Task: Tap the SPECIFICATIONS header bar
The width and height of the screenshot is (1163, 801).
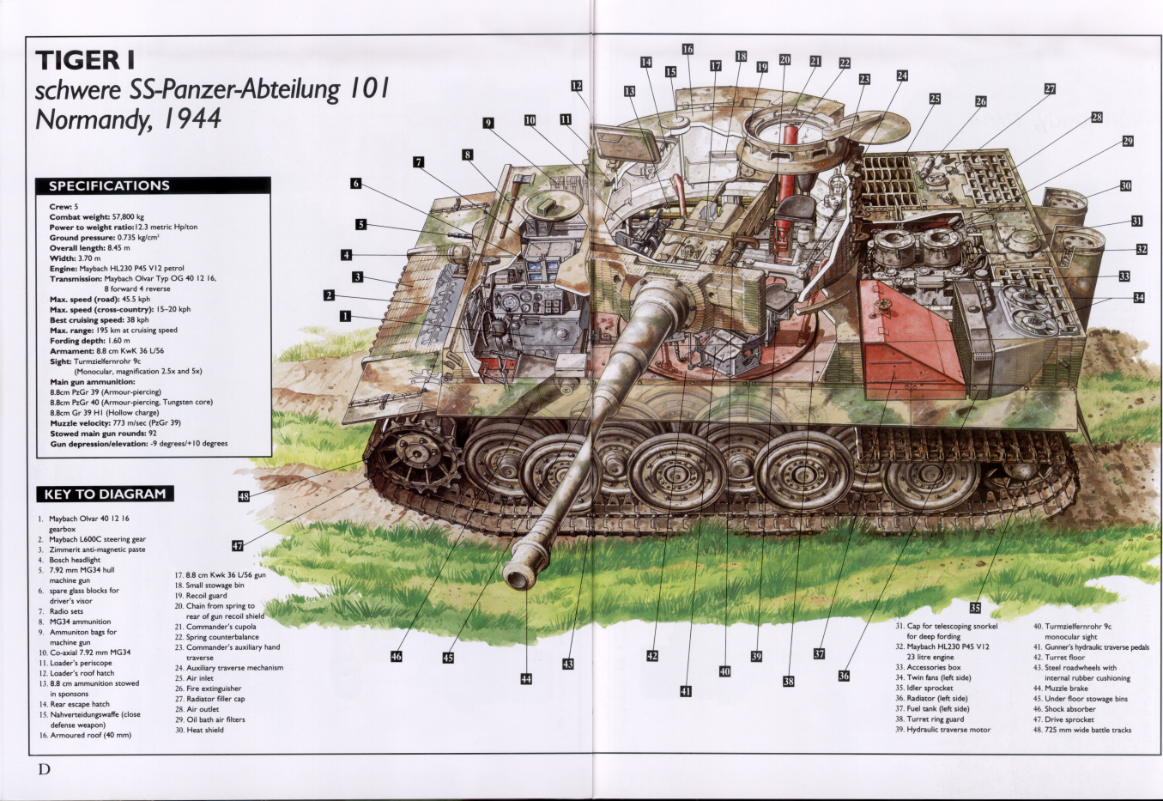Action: [x=153, y=185]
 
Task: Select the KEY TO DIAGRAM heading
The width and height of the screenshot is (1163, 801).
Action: [x=105, y=494]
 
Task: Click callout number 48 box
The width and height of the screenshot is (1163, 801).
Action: [x=244, y=496]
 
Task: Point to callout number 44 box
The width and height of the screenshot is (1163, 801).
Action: [x=526, y=679]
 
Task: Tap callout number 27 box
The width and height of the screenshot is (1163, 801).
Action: [x=1050, y=88]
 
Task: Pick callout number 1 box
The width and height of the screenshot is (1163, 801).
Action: [x=345, y=316]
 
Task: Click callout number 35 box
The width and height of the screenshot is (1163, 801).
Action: [x=975, y=608]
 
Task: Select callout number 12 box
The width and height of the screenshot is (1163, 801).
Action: [x=577, y=86]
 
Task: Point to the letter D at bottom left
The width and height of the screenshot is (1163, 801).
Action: [x=44, y=769]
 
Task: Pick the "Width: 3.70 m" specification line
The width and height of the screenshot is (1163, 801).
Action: [x=76, y=258]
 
